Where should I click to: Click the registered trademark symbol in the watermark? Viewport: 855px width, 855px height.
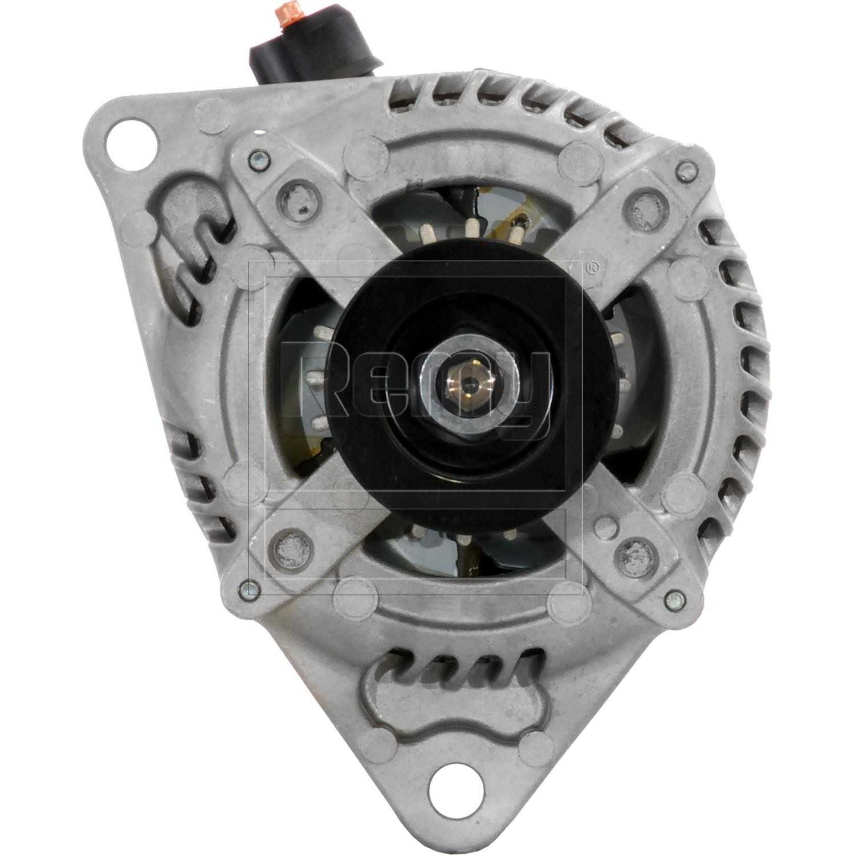pyautogui.click(x=593, y=266)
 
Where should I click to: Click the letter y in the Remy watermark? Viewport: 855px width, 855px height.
pyautogui.click(x=527, y=393)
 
